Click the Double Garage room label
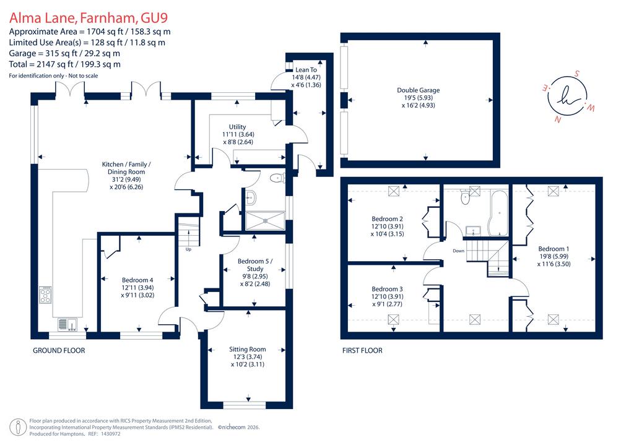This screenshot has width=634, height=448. pos(418,90)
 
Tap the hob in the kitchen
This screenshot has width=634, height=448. pos(45,295)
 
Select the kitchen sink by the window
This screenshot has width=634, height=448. pos(67,325)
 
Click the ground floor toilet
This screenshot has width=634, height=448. pos(278,178)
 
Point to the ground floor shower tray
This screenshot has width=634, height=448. pos(265,220)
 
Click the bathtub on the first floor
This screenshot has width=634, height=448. pos(498,213)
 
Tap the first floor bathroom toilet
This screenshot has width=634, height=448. pos(466,196)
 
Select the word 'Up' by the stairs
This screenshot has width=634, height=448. pos(188,249)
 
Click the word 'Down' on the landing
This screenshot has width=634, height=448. pos(459,251)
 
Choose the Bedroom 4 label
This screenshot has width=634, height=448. pos(137,280)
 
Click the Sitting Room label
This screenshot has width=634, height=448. pos(248,349)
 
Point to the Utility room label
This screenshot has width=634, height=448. pos(237,127)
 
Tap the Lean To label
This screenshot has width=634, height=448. pos(306,70)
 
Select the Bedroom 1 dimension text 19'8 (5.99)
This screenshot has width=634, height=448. pos(554,257)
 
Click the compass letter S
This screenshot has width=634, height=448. pos(577,74)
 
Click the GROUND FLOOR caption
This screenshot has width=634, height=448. pos(59,351)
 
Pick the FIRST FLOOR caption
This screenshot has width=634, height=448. pos(362,351)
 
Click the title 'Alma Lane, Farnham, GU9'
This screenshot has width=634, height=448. pos(88,18)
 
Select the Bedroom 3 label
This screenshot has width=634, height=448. pos(388,289)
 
